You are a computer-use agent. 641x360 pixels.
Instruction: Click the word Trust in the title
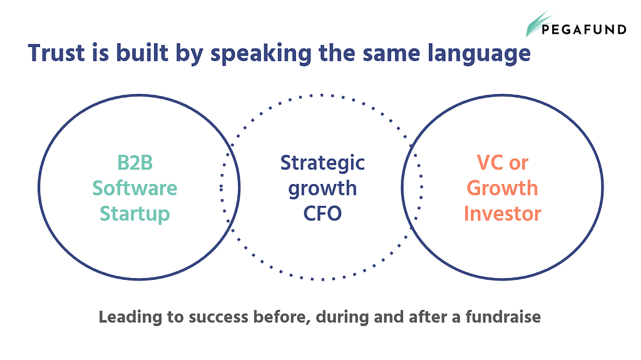tap(56, 53)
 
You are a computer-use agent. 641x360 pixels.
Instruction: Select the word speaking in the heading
tap(261, 54)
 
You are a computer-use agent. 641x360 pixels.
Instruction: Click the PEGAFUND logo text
tap(584, 29)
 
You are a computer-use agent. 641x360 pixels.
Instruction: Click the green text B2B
tap(135, 162)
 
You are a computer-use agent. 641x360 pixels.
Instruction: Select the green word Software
tap(135, 188)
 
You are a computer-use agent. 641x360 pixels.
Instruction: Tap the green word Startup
tap(135, 214)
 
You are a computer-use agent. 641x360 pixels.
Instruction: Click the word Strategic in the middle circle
tap(322, 163)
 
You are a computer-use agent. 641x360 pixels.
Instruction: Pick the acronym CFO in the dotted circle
tap(322, 213)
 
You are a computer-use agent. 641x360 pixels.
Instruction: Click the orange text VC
tap(490, 162)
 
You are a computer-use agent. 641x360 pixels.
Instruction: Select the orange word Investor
tap(503, 213)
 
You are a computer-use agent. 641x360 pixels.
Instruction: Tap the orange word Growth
tap(503, 188)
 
